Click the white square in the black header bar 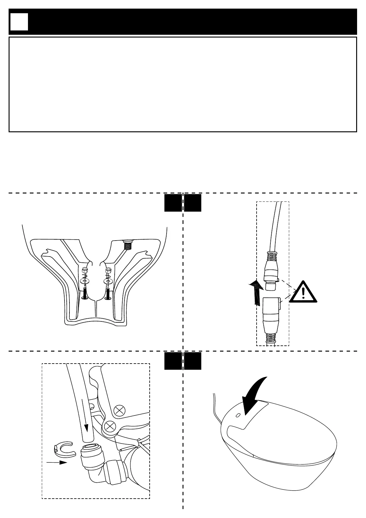19,22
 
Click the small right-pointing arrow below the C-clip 57,462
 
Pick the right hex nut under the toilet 108,270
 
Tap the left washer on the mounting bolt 85,281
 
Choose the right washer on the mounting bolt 108,281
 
